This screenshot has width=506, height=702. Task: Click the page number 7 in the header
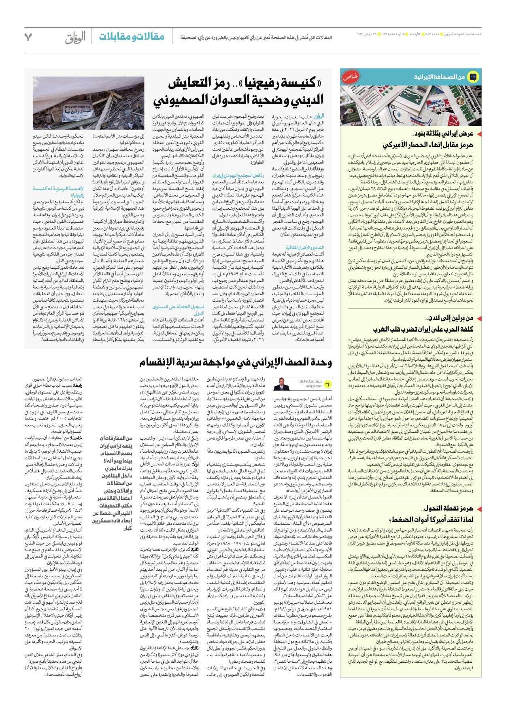coord(28,37)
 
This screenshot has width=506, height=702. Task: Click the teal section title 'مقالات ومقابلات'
coord(132,36)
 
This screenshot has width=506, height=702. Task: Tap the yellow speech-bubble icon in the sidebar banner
coord(472,77)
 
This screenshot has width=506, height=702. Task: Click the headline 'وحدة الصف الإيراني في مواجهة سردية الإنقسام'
coord(236,362)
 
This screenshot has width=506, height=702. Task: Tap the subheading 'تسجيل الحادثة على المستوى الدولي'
coord(178,310)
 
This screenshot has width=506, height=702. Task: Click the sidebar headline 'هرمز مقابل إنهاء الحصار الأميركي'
coord(427,145)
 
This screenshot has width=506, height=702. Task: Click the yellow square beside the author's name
coord(327,384)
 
